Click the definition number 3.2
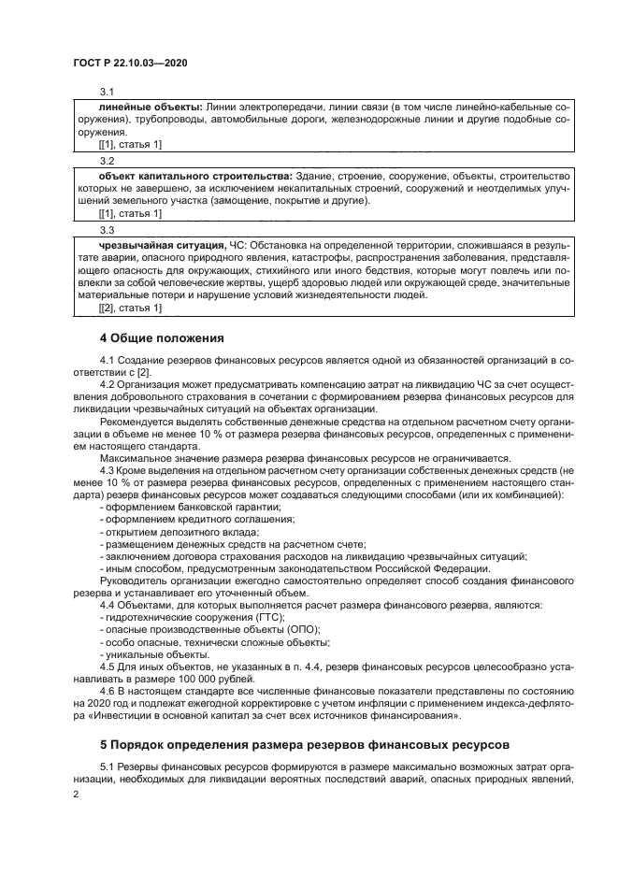pyautogui.click(x=107, y=161)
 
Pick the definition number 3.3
pyautogui.click(x=107, y=230)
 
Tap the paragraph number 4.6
pyautogui.click(x=108, y=695)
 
